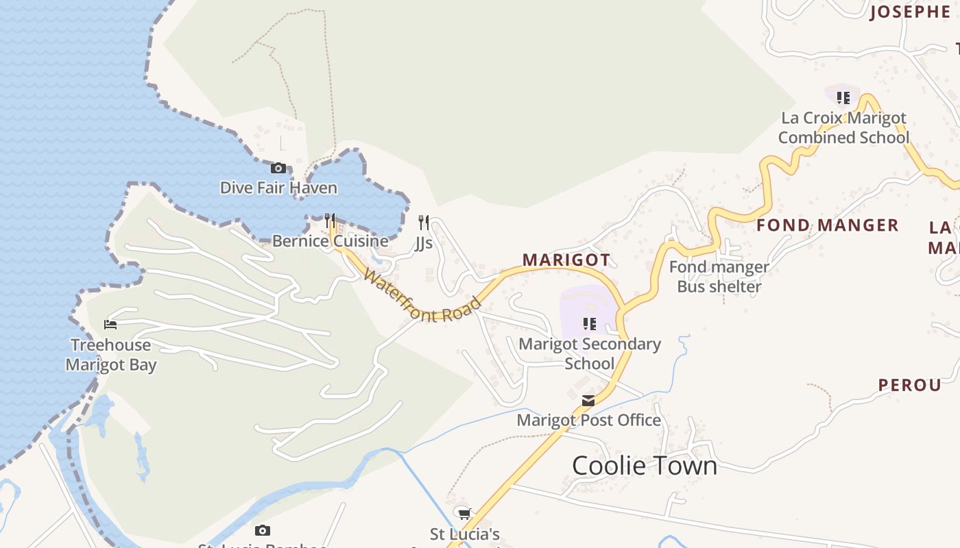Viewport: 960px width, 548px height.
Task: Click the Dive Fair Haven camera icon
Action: tap(278, 168)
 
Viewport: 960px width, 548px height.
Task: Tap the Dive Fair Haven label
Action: tap(278, 188)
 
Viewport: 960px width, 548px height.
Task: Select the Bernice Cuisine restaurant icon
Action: tap(330, 221)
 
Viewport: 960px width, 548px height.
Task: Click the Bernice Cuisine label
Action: tap(330, 241)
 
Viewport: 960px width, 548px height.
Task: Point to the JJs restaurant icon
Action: tap(424, 222)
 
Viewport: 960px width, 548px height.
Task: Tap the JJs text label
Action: tap(424, 242)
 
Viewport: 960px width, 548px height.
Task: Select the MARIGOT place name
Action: tap(566, 260)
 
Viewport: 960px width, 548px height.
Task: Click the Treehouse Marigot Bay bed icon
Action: tap(110, 324)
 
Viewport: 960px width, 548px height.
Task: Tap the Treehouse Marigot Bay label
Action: tap(111, 355)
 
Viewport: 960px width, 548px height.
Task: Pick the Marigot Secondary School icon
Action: tap(589, 323)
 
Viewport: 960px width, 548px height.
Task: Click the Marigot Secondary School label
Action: tap(590, 353)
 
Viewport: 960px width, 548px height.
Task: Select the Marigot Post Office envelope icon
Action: tap(588, 401)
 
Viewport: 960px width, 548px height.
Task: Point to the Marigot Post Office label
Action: tap(588, 420)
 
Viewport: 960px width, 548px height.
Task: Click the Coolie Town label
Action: tap(645, 466)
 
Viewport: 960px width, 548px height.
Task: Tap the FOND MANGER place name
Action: tap(827, 225)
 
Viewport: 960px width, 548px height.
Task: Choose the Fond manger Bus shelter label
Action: tap(719, 277)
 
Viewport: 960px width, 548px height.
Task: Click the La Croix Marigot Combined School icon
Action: tap(843, 98)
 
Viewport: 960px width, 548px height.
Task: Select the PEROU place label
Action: tap(910, 385)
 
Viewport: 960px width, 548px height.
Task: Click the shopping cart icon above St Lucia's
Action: tap(464, 513)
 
